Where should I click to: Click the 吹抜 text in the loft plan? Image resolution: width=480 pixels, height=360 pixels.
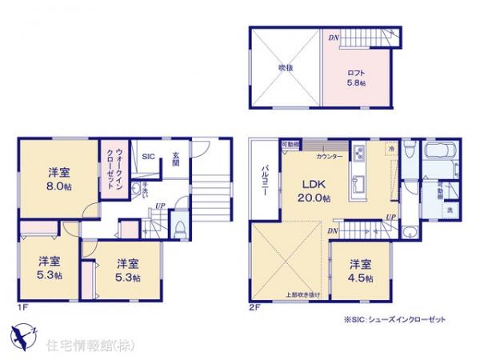point(286,68)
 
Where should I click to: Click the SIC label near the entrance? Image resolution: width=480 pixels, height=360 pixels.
point(149,157)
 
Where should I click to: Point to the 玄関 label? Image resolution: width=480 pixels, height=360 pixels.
point(173,161)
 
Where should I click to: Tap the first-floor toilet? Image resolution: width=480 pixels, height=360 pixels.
point(182,226)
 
